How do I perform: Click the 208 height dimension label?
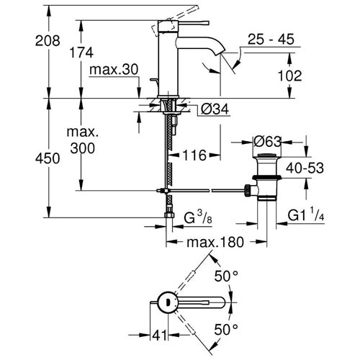[48, 40]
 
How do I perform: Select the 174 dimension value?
[81, 53]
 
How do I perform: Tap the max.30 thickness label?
[114, 70]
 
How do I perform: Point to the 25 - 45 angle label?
[271, 39]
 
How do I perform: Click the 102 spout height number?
[289, 76]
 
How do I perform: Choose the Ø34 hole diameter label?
[215, 109]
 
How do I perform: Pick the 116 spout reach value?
[194, 155]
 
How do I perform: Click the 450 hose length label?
[48, 158]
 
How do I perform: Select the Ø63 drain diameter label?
[267, 142]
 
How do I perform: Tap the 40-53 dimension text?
[305, 168]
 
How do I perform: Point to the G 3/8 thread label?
[198, 217]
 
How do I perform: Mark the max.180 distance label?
[215, 242]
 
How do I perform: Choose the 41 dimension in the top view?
[159, 335]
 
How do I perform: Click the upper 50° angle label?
[226, 276]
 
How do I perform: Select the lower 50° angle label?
[226, 329]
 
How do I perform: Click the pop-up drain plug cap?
[266, 156]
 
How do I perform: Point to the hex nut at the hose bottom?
[170, 215]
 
